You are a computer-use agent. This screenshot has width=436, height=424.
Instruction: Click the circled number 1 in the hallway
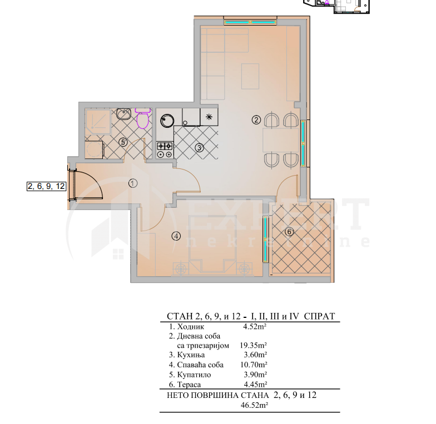point(132,182)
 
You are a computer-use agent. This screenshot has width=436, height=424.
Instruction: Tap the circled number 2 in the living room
point(256,119)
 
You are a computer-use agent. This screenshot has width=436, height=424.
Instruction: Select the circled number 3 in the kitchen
point(199,147)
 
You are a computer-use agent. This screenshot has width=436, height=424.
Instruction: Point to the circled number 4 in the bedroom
point(176,236)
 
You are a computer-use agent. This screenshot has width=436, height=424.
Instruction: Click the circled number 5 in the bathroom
point(123,142)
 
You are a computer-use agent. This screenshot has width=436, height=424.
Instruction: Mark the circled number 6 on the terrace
point(289,232)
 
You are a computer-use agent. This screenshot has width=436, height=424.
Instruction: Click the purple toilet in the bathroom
point(143,119)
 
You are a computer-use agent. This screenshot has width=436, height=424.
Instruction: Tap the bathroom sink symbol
point(123,114)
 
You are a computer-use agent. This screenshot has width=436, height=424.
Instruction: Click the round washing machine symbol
point(167,118)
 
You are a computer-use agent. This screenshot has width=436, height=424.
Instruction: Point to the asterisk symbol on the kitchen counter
point(209,117)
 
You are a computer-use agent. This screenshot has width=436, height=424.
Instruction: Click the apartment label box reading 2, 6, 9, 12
point(47,187)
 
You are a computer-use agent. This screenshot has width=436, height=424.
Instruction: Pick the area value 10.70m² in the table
point(254,365)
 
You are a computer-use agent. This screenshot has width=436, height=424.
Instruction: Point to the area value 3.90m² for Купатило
point(255,375)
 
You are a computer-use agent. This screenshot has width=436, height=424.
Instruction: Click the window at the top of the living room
point(250,22)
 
